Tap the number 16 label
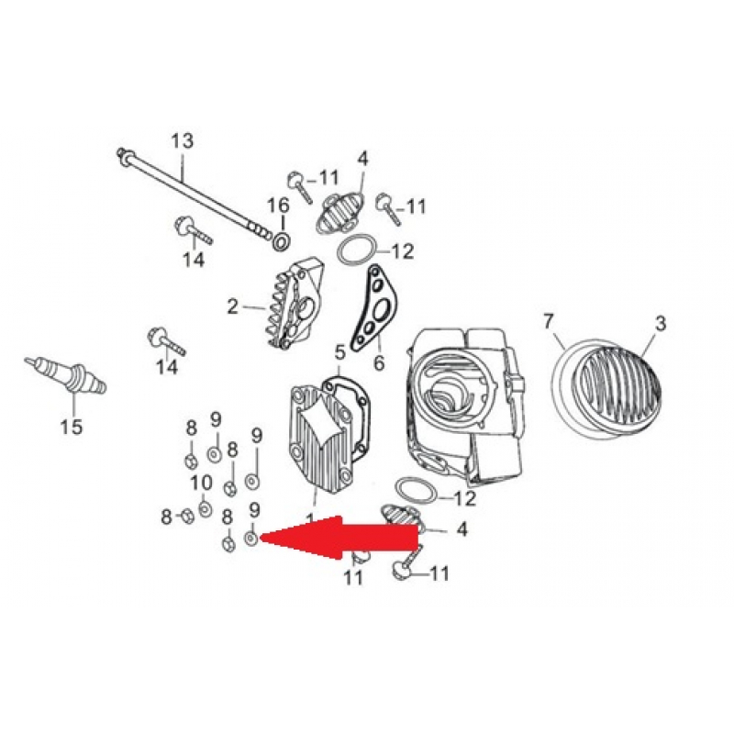pos(278,204)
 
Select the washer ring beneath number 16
pos(281,241)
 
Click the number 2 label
pos(233,306)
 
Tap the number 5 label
pos(340,350)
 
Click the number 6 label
pos(378,365)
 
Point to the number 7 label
pos(550,321)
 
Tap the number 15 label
pos(71,427)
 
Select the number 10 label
pos(201,483)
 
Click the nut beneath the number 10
pos(204,506)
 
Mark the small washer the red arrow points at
pos(252,538)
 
